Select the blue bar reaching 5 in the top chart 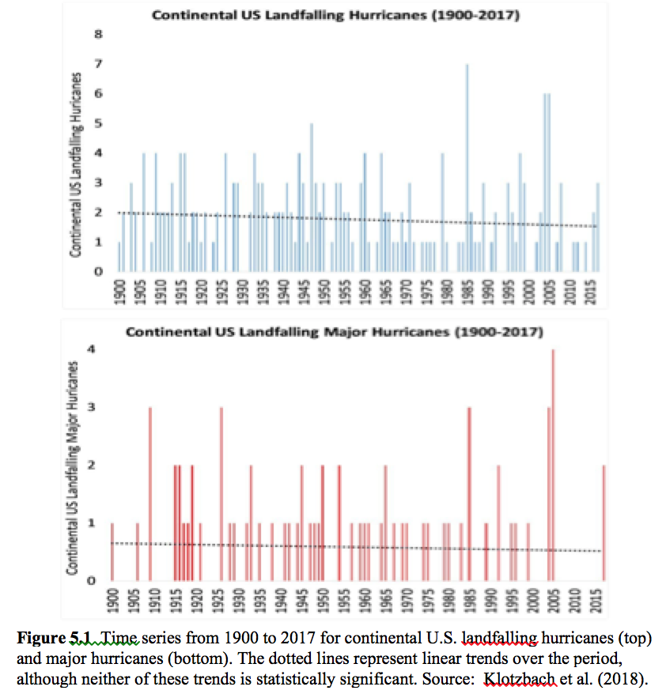[312, 198]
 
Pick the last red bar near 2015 [604, 522]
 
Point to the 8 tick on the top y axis [99, 34]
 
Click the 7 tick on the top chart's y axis [99, 64]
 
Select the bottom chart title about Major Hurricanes [335, 331]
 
